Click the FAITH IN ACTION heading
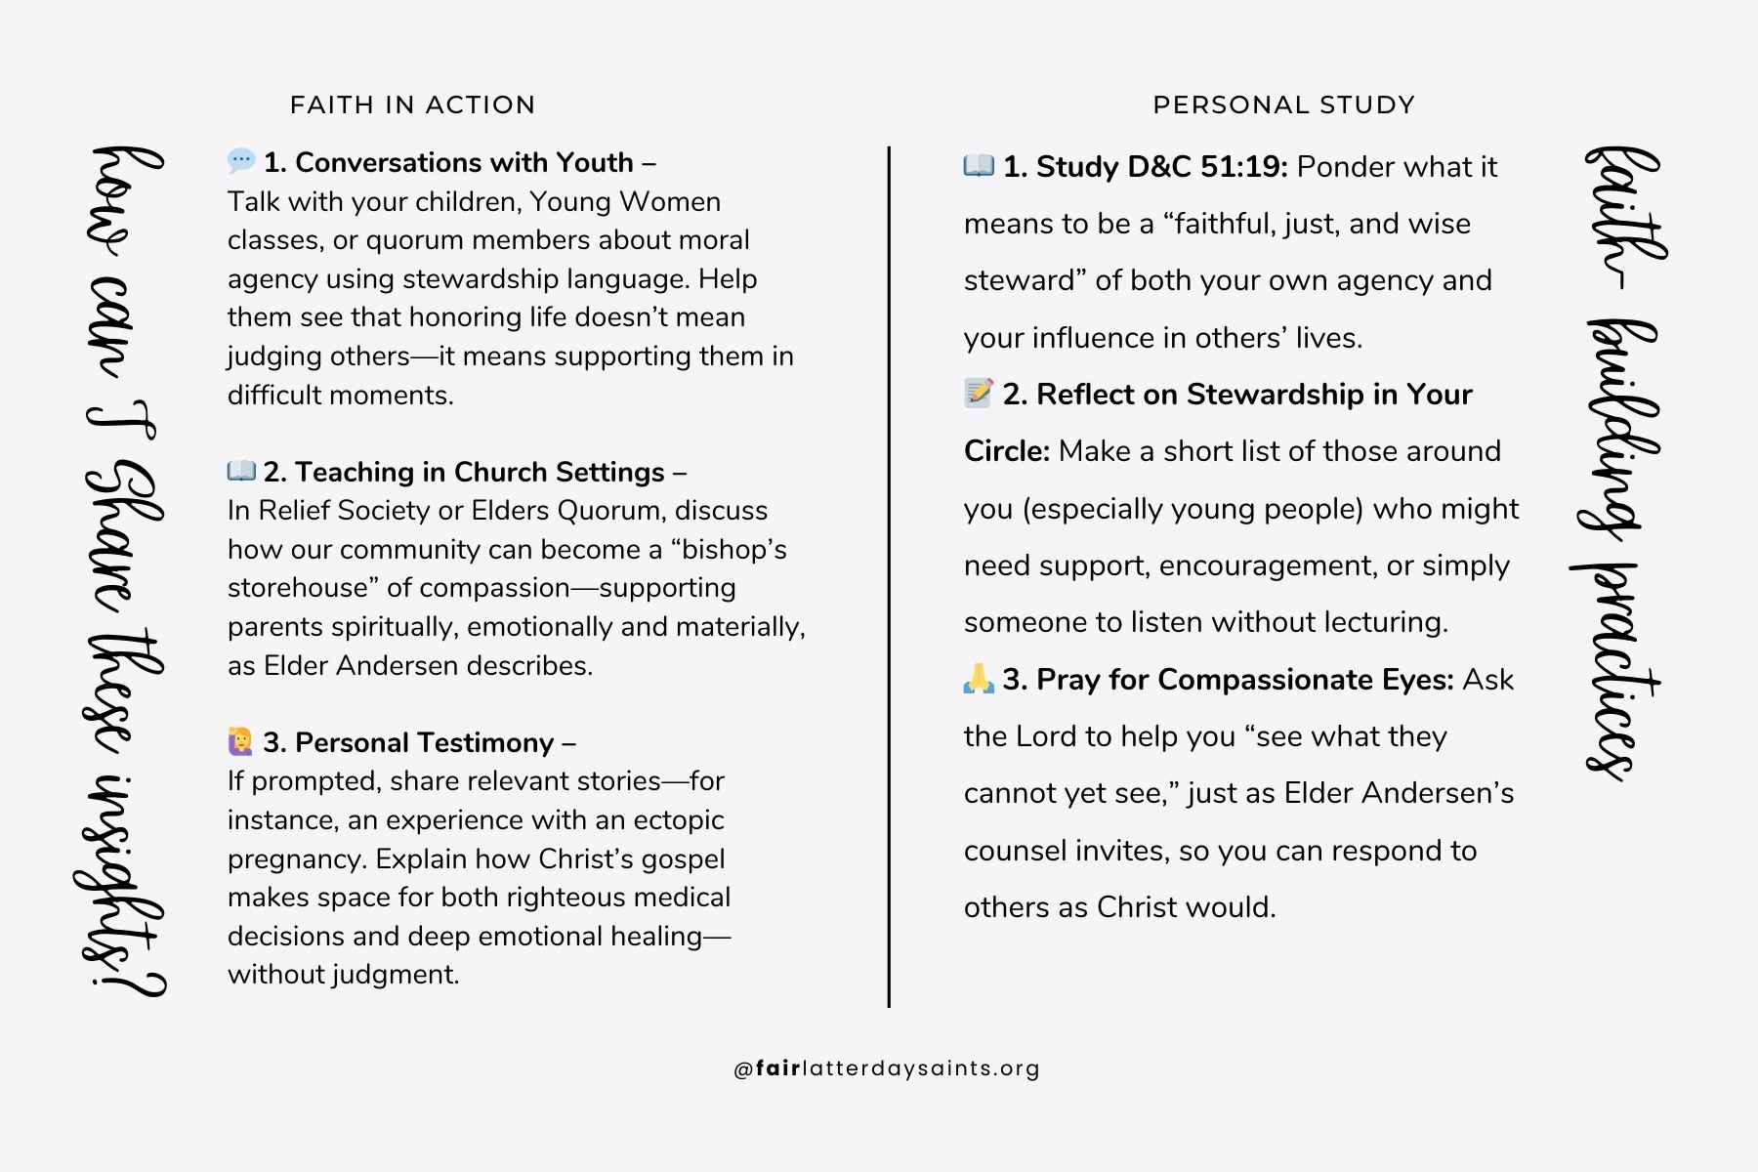pos(412,105)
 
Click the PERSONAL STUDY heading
pos(1283,105)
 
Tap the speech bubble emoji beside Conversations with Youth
pos(241,160)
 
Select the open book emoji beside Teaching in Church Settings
pos(241,471)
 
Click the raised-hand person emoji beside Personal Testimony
pos(240,741)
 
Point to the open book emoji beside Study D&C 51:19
pos(979,165)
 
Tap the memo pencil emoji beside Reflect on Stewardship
pos(979,393)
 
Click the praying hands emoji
pos(979,678)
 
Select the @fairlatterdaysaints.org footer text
pos(887,1068)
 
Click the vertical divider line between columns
pos(889,576)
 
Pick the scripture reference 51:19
pos(1244,167)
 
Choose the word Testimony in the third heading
pos(488,742)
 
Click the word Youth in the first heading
pos(594,162)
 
